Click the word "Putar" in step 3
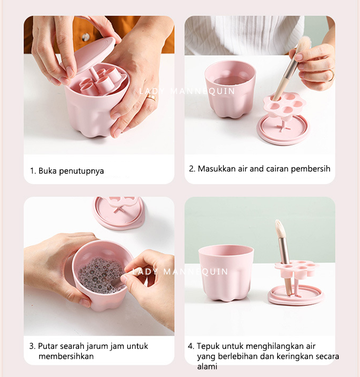click(x=48, y=346)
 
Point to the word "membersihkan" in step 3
click(x=66, y=356)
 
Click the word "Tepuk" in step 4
click(x=208, y=346)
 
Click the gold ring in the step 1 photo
click(x=151, y=97)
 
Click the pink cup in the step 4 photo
click(x=226, y=273)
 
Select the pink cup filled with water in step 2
click(x=230, y=89)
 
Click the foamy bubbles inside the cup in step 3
click(x=100, y=275)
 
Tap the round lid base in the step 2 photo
click(x=283, y=130)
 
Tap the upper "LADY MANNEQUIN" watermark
click(x=187, y=91)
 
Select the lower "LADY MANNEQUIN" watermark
click(x=180, y=272)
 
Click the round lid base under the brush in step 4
click(x=296, y=295)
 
